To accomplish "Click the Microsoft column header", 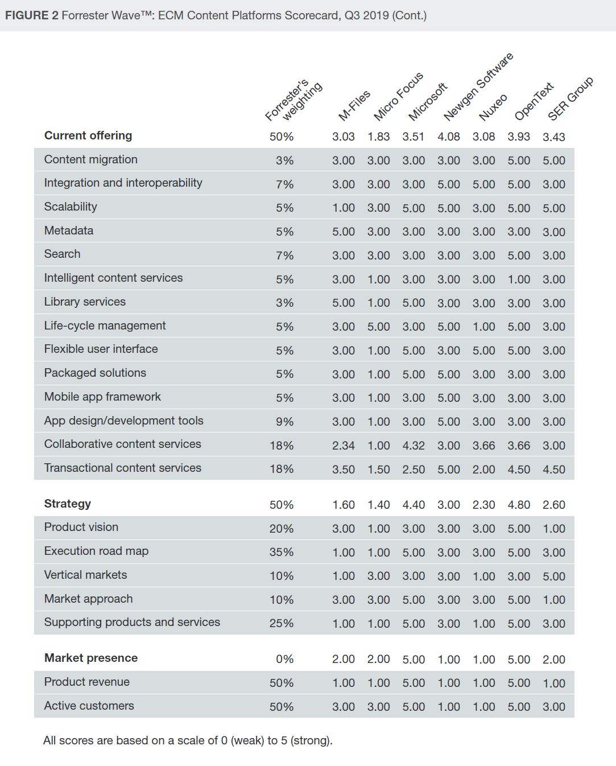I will click(x=428, y=102).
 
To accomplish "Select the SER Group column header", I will click(x=570, y=98).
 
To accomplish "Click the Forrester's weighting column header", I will click(x=294, y=101).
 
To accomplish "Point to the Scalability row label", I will click(x=71, y=207).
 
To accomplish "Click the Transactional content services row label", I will click(x=122, y=468).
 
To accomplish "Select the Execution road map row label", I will click(x=96, y=551).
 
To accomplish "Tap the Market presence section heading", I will click(x=91, y=658).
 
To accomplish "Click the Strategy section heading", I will click(x=67, y=504).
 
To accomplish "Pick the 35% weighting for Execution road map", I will click(x=282, y=552).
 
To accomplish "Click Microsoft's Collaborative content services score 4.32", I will click(x=414, y=446).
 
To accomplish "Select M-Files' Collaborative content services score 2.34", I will click(x=344, y=446).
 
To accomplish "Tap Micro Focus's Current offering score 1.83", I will click(x=379, y=137).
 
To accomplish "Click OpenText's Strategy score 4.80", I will click(x=519, y=505).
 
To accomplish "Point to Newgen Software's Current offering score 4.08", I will click(x=449, y=137).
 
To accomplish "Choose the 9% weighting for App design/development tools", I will click(x=284, y=422).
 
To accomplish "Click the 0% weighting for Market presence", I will click(x=284, y=659).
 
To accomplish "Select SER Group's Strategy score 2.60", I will click(x=554, y=505).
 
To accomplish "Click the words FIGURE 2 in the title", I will click(x=31, y=15).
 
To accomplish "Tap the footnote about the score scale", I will click(x=188, y=740).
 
